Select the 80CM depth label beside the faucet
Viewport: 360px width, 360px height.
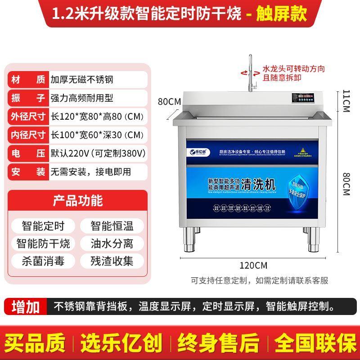pos(169,101)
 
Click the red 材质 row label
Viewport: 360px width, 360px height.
pos(27,80)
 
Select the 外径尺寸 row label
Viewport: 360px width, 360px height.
pos(27,117)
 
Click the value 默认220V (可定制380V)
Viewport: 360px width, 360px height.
pos(98,153)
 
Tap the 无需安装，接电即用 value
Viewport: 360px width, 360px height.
pos(90,171)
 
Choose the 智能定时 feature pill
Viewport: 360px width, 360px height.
pos(43,225)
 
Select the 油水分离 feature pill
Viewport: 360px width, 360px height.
pos(112,243)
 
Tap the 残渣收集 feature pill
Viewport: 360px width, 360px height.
pos(112,261)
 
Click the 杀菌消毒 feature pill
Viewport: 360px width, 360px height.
pos(43,261)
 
